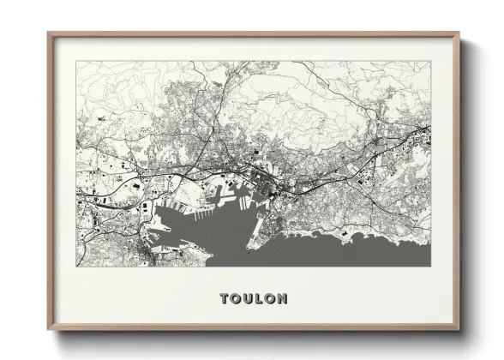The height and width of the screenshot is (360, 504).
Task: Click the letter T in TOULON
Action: click(x=225, y=299)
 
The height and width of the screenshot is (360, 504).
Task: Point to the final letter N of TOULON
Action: click(x=283, y=299)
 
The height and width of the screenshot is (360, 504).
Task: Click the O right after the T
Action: click(x=237, y=299)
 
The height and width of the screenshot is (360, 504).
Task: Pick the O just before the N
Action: click(x=271, y=299)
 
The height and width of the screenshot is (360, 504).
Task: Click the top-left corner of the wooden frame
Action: click(x=48, y=33)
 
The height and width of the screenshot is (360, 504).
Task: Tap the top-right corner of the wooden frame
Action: click(x=459, y=33)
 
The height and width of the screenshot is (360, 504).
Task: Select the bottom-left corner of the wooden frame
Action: click(x=48, y=331)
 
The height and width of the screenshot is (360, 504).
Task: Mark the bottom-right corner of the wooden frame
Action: click(x=459, y=331)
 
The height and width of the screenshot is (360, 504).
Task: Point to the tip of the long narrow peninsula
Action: click(x=249, y=249)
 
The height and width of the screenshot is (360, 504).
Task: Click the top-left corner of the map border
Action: click(x=76, y=61)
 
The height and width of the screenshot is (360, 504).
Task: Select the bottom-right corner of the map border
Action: click(x=431, y=267)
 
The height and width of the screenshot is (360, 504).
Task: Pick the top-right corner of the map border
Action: click(x=431, y=61)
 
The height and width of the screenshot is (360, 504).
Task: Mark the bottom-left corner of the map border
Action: click(x=76, y=267)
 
